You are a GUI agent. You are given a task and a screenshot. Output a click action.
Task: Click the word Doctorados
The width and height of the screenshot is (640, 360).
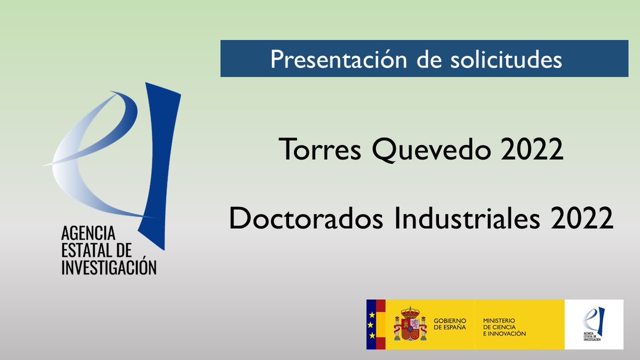click(306, 218)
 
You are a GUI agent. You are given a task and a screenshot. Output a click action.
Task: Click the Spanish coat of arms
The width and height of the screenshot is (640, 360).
click(410, 324)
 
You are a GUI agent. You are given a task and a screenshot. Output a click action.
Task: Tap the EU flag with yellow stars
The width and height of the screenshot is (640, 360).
click(371, 324)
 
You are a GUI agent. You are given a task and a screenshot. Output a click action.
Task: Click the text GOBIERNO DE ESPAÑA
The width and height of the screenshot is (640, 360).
click(450, 324)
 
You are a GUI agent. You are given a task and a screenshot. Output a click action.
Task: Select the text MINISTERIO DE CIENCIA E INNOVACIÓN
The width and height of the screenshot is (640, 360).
click(504, 326)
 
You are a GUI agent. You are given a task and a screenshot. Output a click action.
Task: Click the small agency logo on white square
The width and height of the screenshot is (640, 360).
click(594, 324)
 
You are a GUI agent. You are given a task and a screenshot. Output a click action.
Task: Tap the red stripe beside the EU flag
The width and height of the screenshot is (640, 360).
click(381, 324)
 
